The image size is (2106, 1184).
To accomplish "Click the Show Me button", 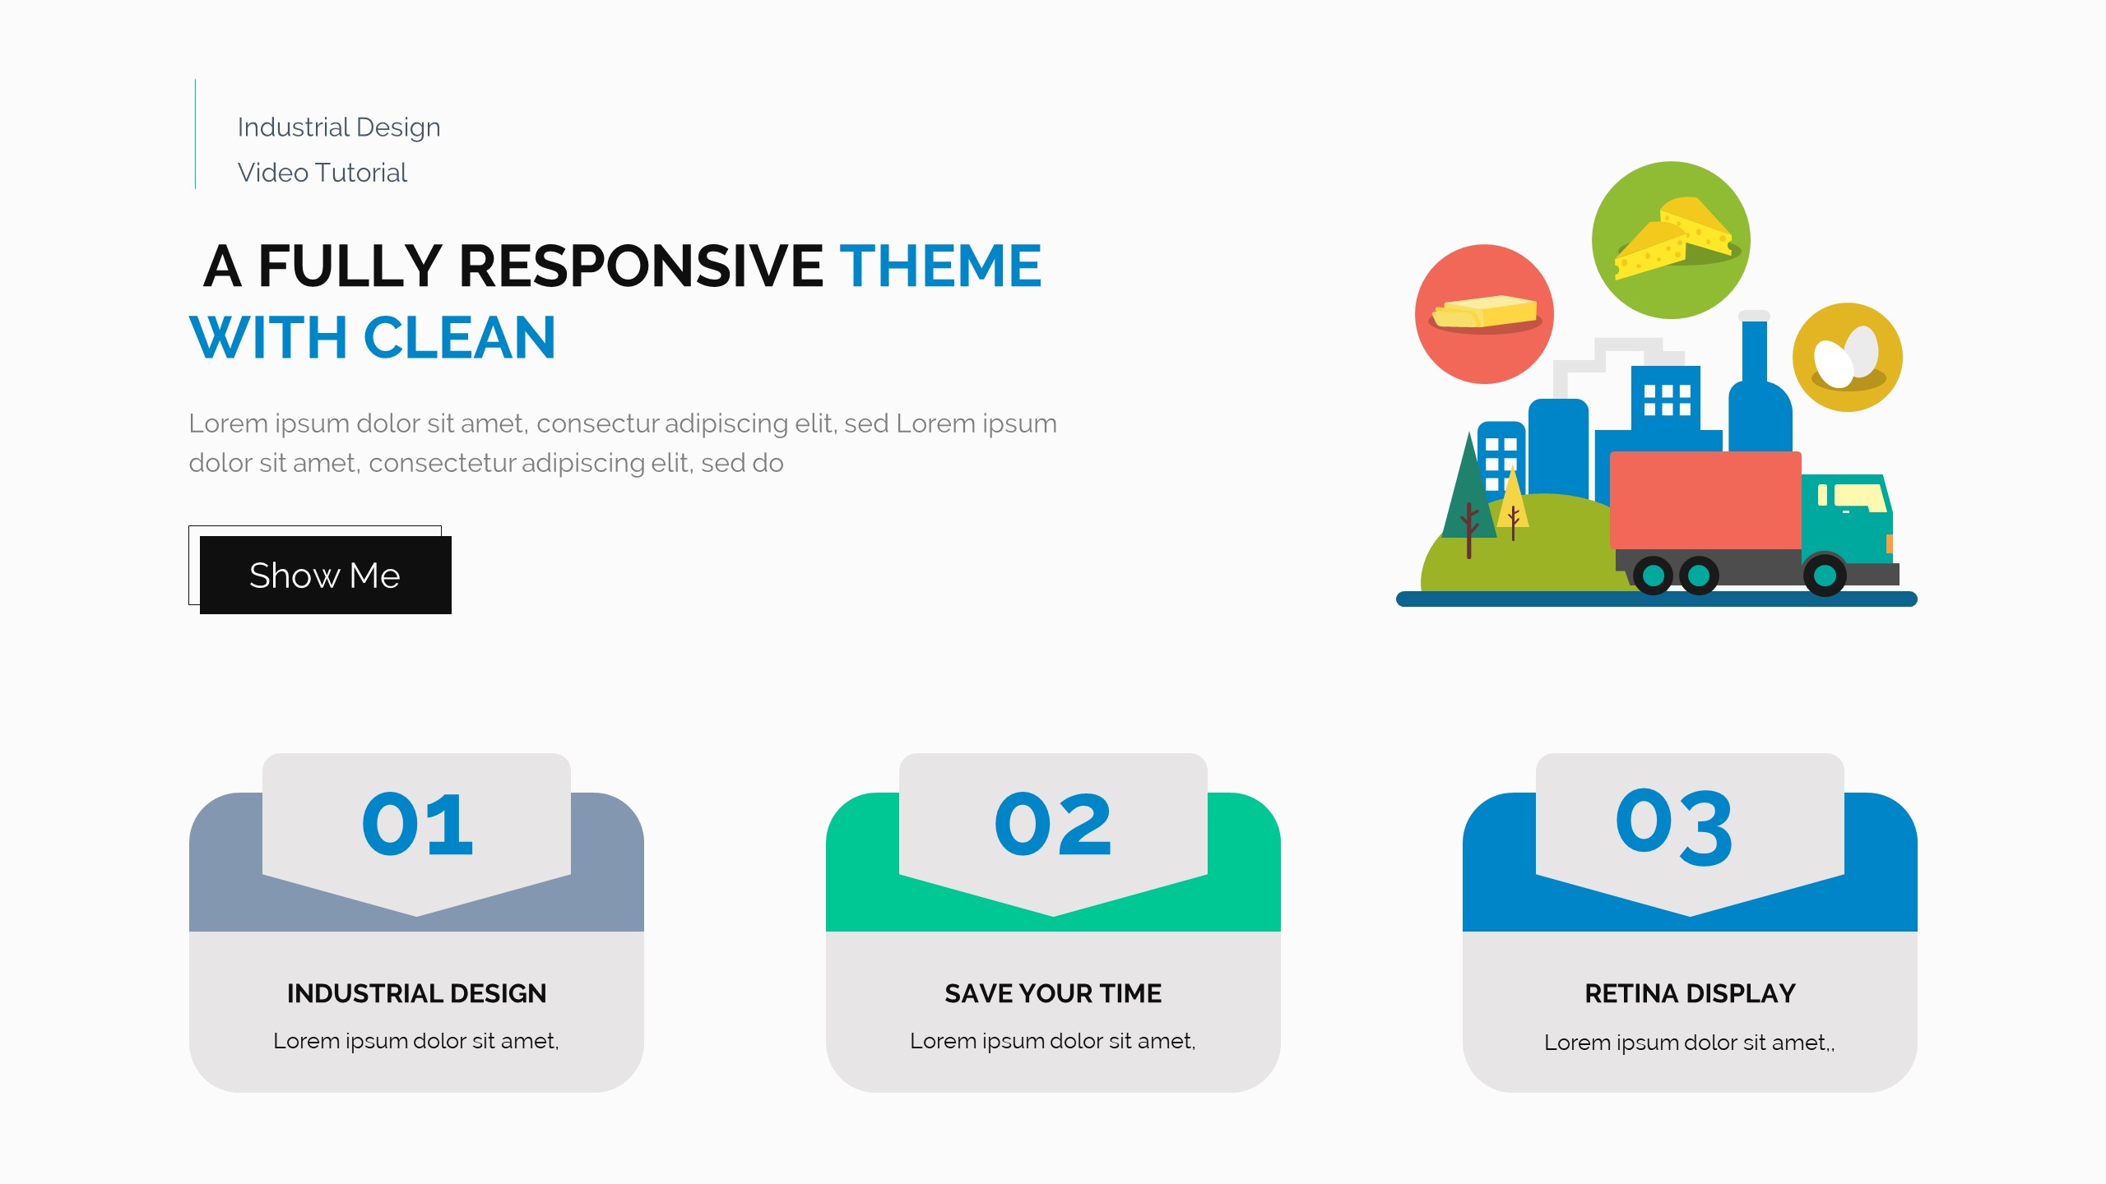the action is coord(325,575).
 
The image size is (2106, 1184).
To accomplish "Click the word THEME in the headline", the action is coord(940,266).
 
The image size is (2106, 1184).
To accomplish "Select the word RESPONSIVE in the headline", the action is coord(641,266).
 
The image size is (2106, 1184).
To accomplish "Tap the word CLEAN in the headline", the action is coord(459,338).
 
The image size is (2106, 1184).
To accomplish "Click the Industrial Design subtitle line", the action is coord(339,127).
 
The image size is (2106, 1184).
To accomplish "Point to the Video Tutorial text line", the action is coord(322,173).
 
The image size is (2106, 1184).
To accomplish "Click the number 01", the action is coord(417,824).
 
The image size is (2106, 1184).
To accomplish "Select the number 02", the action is coord(1053,824).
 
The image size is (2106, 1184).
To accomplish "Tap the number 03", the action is coord(1674,826).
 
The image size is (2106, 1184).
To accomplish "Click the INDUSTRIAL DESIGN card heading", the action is coord(417,993).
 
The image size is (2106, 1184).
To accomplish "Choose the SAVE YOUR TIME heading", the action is coord(1053,993).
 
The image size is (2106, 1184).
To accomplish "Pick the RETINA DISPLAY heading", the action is coord(1690,993).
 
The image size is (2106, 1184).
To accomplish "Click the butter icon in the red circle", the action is coord(1485,313).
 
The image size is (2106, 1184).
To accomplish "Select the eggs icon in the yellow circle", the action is coord(1848,358).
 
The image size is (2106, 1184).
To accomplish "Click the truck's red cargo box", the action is coord(1705,500).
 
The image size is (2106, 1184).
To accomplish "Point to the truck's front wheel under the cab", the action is coord(1824,575).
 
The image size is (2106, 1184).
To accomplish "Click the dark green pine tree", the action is coord(1468,493).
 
